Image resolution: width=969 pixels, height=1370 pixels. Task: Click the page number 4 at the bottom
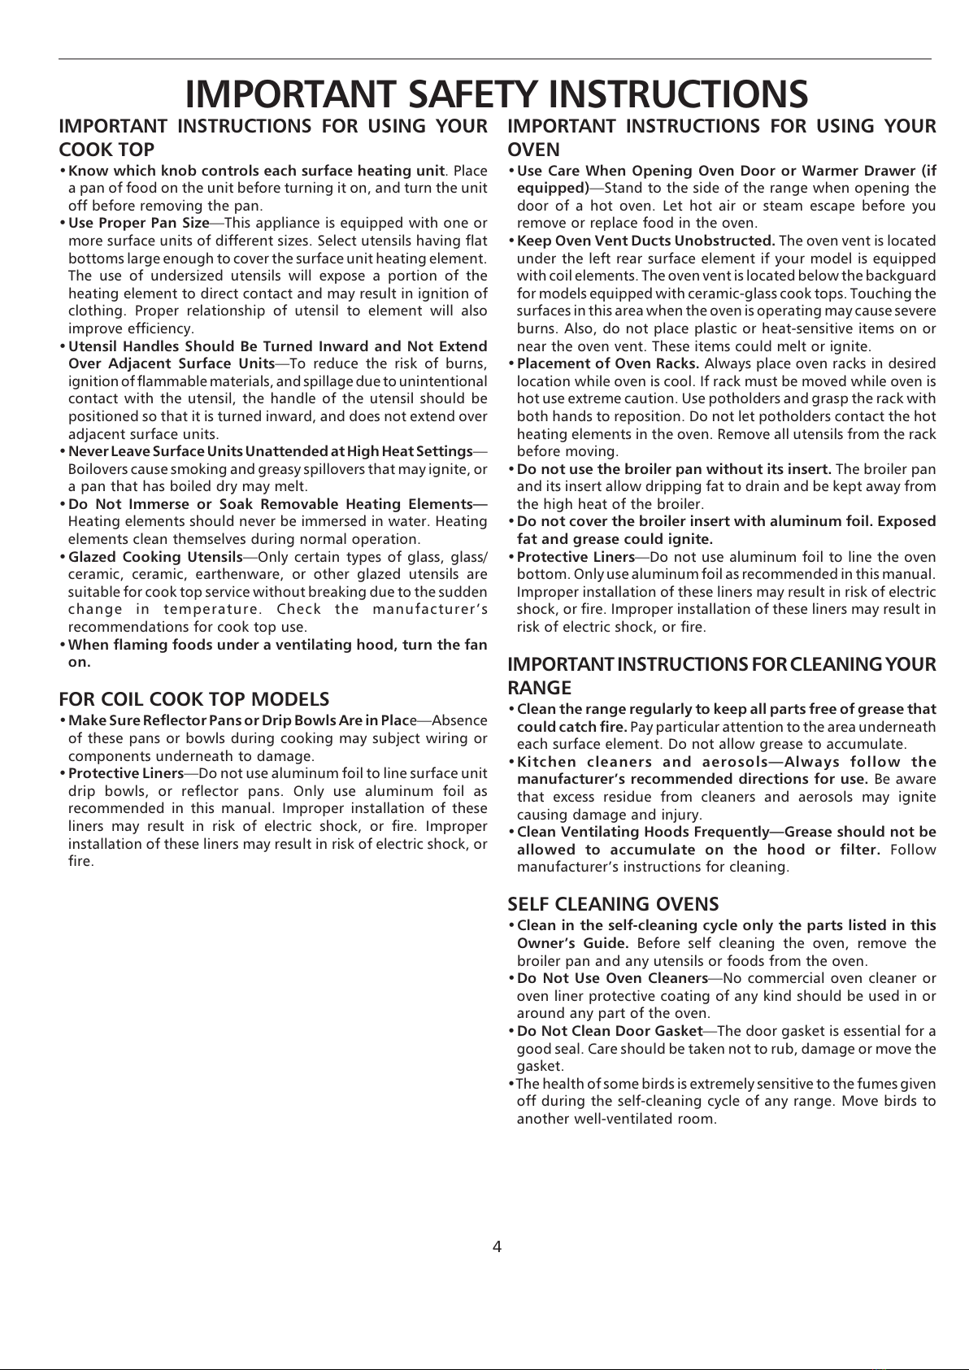coord(497,1246)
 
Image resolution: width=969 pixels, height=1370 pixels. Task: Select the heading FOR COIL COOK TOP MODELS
coord(194,699)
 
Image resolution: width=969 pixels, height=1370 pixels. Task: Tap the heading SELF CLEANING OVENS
coord(613,904)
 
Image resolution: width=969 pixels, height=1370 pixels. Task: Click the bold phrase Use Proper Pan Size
coord(139,223)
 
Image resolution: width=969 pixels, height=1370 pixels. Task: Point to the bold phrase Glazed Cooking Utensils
coord(156,557)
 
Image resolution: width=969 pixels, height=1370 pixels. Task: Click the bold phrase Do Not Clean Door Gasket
coord(610,1032)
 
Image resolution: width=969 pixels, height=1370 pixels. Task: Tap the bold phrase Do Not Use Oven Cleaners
coord(612,978)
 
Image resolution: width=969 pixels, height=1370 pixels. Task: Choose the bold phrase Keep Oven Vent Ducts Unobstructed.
coord(646,241)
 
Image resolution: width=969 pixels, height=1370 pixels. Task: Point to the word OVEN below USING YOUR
coord(534,150)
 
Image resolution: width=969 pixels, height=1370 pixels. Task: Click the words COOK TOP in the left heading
coord(106,150)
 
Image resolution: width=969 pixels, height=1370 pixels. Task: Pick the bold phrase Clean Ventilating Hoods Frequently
coord(642,832)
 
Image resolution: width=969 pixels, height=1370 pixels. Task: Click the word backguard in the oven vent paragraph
coord(904,276)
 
